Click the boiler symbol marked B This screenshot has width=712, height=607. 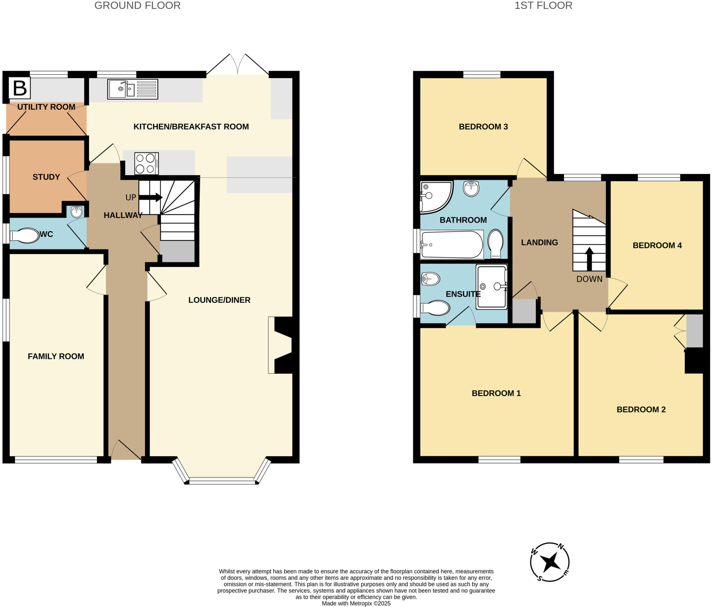19,88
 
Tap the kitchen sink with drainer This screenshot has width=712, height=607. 132,89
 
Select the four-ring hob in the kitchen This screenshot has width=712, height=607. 146,163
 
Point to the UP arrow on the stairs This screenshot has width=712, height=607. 151,197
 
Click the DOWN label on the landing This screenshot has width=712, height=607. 589,279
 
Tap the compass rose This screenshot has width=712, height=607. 550,562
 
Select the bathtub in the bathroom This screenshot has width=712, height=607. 452,245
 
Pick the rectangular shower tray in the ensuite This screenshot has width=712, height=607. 492,287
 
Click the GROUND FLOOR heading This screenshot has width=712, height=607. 137,6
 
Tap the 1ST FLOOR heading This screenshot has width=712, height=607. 543,6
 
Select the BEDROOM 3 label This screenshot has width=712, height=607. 483,127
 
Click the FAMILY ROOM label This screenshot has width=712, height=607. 56,356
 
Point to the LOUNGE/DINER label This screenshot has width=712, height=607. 219,300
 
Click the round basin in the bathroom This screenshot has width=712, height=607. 471,189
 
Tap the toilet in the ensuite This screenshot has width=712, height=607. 435,308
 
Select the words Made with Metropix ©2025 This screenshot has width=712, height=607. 356,604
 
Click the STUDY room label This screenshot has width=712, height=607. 46,177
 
